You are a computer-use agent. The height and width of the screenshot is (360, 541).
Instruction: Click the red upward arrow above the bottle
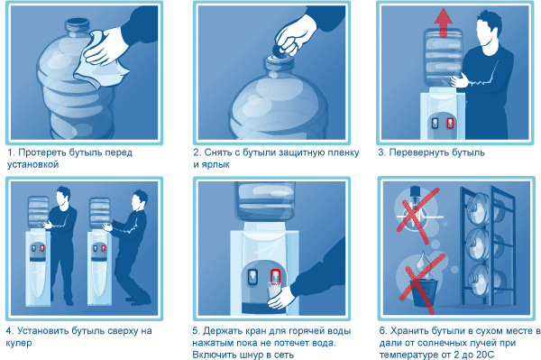click(x=443, y=23)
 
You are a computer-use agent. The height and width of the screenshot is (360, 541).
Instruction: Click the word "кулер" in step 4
click(x=19, y=343)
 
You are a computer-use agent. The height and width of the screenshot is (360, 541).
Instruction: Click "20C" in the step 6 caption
click(x=484, y=355)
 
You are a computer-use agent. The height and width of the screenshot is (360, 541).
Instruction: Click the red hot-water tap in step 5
click(x=275, y=277)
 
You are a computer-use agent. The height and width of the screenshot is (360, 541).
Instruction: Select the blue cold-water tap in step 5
click(x=252, y=277)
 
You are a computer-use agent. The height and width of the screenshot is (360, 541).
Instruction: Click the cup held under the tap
click(x=274, y=291)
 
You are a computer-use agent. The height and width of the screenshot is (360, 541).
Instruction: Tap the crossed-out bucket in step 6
click(x=424, y=292)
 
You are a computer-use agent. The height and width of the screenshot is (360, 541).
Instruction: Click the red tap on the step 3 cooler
click(x=450, y=124)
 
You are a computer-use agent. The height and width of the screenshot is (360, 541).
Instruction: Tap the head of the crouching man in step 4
click(x=140, y=199)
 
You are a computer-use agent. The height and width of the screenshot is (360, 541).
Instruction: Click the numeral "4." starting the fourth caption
click(x=10, y=331)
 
